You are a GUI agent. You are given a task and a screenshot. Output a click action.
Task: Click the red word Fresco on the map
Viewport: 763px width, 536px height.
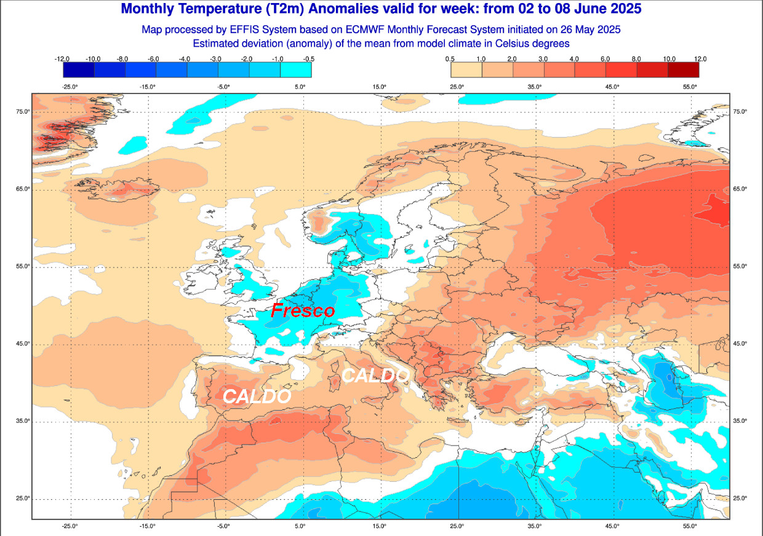[x=303, y=310]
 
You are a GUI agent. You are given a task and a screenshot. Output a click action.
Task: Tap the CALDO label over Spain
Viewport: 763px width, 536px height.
[x=256, y=396]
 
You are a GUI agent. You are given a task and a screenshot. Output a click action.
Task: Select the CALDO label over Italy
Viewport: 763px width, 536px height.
[x=375, y=375]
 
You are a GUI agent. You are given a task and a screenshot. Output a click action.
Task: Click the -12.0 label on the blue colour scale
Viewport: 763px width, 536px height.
[x=62, y=58]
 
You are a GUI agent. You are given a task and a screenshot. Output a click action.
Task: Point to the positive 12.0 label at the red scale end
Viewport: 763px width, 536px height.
[x=700, y=58]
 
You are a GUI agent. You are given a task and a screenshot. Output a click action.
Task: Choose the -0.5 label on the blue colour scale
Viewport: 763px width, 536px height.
[x=310, y=58]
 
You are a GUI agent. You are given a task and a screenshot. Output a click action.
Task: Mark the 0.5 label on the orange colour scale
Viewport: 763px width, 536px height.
[x=450, y=58]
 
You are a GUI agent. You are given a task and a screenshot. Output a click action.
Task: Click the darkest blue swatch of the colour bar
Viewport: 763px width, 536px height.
[x=78, y=70]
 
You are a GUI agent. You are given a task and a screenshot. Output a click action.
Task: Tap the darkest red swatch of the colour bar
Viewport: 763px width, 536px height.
[x=684, y=70]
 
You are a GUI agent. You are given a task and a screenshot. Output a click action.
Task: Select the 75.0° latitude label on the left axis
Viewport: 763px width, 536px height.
[x=23, y=111]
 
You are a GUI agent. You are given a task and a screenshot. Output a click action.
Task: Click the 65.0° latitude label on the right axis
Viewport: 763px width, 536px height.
[x=740, y=189]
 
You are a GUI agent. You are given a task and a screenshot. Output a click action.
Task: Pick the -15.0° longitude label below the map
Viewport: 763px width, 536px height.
[x=147, y=526]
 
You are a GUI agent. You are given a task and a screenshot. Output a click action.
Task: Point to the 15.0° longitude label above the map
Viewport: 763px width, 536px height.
[x=380, y=87]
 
